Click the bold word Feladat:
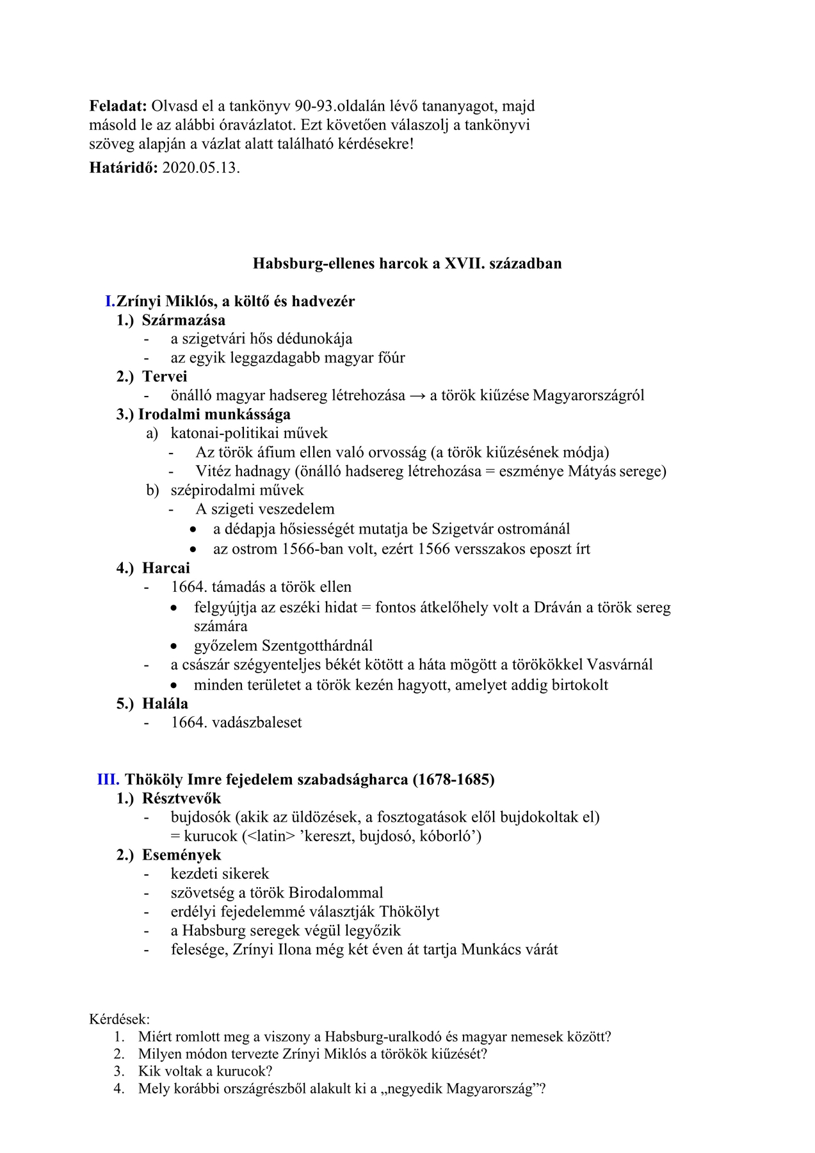pyautogui.click(x=118, y=106)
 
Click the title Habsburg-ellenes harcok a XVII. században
pyautogui.click(x=407, y=263)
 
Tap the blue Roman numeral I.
pyautogui.click(x=110, y=301)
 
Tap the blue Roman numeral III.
pyautogui.click(x=108, y=780)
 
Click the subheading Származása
pyautogui.click(x=184, y=320)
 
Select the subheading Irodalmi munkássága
pyautogui.click(x=214, y=414)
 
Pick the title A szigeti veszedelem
pyautogui.click(x=265, y=509)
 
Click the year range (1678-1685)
pyautogui.click(x=453, y=780)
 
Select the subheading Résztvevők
pyautogui.click(x=181, y=799)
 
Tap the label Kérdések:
pyautogui.click(x=120, y=1019)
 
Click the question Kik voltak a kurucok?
pyautogui.click(x=205, y=1071)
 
